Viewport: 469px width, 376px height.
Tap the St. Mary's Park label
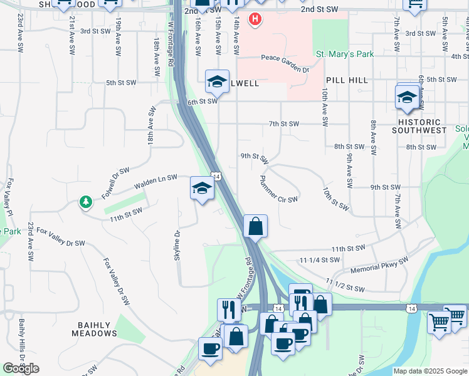click(x=344, y=55)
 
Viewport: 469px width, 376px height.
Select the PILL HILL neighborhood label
click(x=347, y=80)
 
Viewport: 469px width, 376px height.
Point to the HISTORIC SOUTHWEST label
click(x=419, y=125)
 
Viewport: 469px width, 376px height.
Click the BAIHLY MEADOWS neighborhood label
click(x=94, y=330)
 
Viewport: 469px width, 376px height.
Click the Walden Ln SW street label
click(x=155, y=182)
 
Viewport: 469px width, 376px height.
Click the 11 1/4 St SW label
click(x=319, y=259)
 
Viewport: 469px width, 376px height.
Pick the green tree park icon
click(x=85, y=202)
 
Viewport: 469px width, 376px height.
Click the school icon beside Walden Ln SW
click(x=202, y=188)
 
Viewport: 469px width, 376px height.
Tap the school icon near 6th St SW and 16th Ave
click(x=217, y=81)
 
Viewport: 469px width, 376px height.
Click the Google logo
click(x=21, y=368)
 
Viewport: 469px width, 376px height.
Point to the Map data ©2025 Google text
click(x=429, y=371)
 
